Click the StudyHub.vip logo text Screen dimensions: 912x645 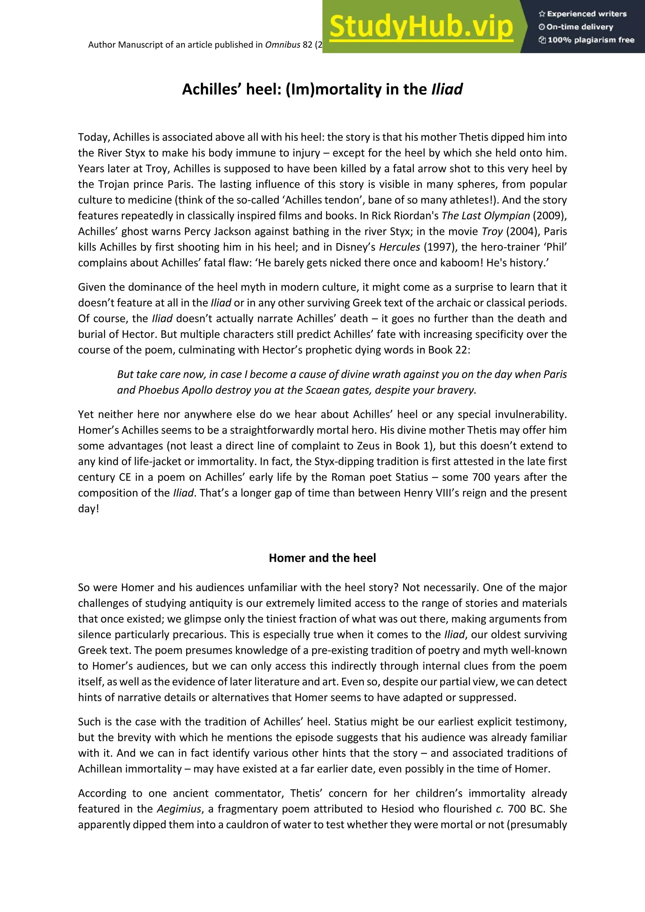pos(421,27)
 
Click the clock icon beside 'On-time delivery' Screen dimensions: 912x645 pos(541,27)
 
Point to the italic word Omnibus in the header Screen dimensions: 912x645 pos(283,44)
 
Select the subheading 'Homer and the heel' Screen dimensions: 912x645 pos(322,558)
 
